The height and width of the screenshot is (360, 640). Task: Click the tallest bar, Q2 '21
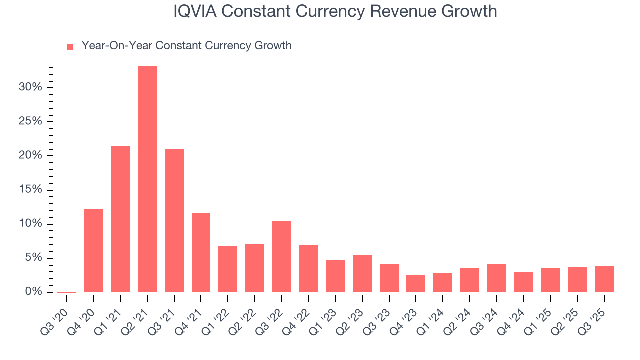pyautogui.click(x=147, y=179)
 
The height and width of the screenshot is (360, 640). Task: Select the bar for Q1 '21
pyautogui.click(x=120, y=219)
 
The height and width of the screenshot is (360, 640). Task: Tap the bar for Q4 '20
pyautogui.click(x=93, y=251)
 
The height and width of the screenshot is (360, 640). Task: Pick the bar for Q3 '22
pyautogui.click(x=282, y=256)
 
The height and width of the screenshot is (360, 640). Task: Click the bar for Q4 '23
pyautogui.click(x=416, y=283)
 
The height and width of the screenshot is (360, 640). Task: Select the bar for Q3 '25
pyautogui.click(x=604, y=279)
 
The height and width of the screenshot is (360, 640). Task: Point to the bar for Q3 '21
pyautogui.click(x=174, y=220)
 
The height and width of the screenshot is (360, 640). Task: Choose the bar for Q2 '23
pyautogui.click(x=362, y=273)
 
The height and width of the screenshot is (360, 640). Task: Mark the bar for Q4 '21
pyautogui.click(x=201, y=253)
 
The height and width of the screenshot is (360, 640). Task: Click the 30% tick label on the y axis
pyautogui.click(x=31, y=88)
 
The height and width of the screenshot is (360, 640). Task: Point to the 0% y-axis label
pyautogui.click(x=33, y=292)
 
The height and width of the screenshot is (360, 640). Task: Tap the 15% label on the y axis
pyautogui.click(x=31, y=190)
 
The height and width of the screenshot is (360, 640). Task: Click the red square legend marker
pyautogui.click(x=70, y=46)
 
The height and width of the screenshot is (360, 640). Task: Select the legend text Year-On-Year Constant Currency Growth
pyautogui.click(x=186, y=46)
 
